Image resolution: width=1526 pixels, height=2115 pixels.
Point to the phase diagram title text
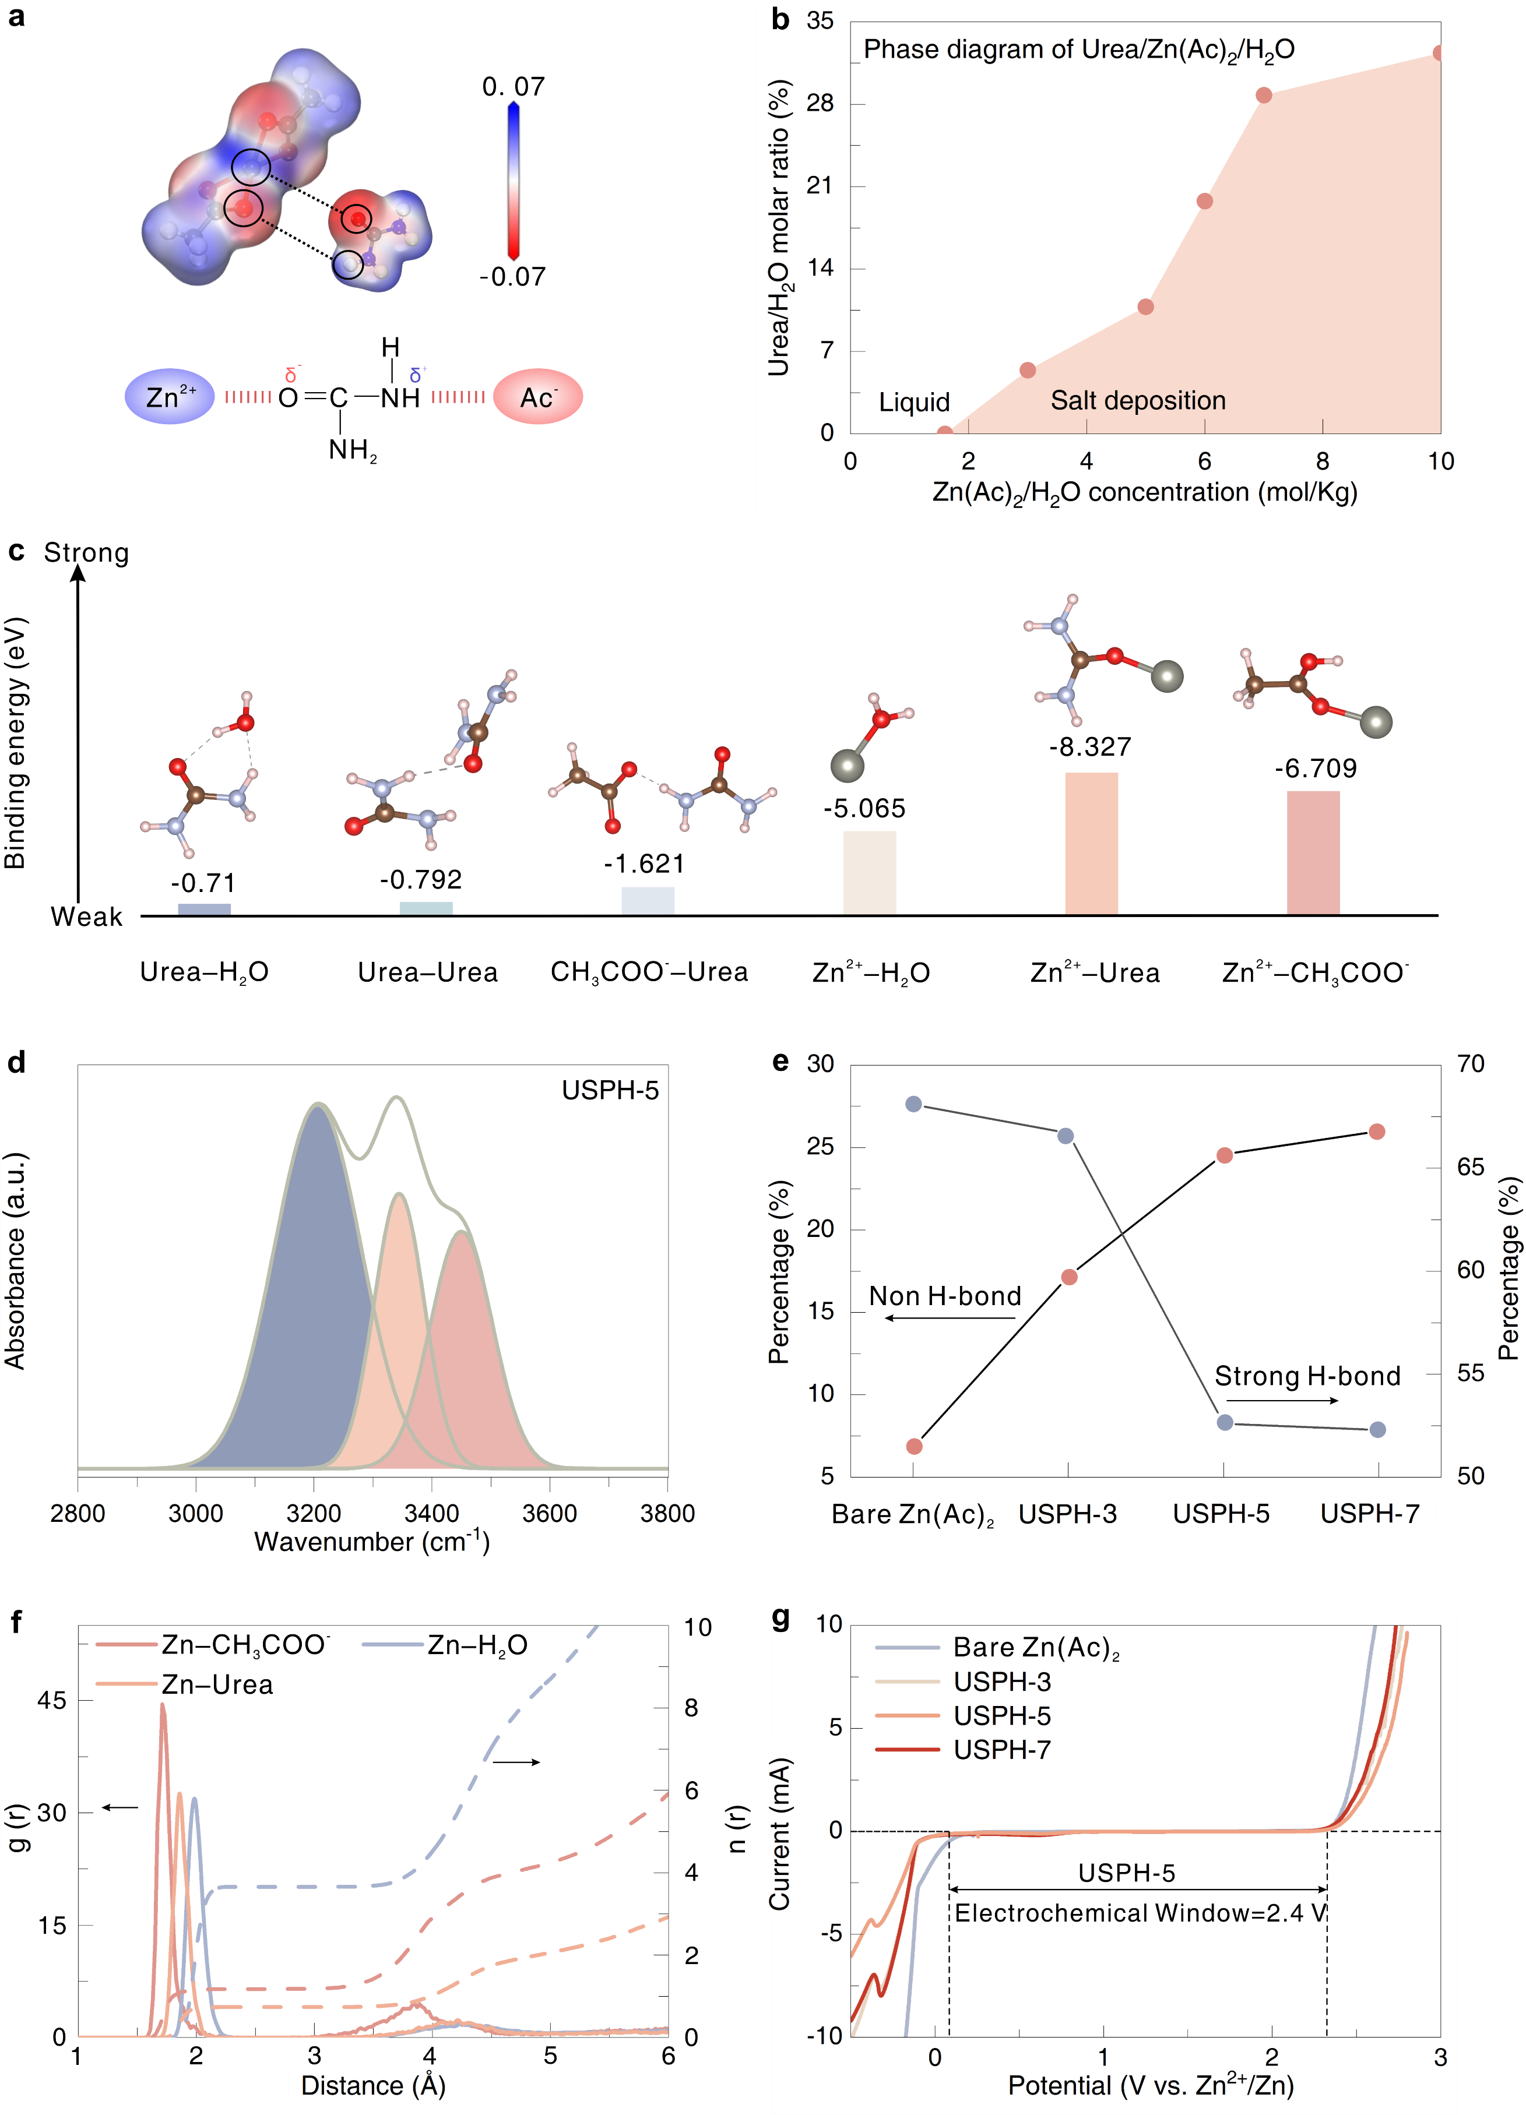tap(1078, 50)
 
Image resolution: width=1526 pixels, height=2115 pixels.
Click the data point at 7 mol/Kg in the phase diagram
tap(1264, 95)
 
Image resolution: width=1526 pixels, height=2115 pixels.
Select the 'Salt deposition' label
tap(1138, 401)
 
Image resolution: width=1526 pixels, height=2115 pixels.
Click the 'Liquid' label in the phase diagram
tap(914, 402)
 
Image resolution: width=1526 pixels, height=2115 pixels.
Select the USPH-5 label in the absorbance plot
tap(610, 1090)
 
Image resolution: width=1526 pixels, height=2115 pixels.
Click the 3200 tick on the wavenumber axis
tap(314, 1513)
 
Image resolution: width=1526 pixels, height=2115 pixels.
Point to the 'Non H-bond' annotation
tap(945, 1296)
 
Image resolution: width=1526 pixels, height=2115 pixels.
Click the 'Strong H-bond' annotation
tap(1307, 1376)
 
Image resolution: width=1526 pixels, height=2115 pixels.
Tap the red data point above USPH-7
tap(1377, 1132)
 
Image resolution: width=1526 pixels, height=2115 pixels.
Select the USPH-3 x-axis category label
tap(1067, 1514)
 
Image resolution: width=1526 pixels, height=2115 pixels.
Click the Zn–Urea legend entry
tap(216, 1685)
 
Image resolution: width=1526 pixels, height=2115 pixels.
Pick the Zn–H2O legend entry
tap(477, 1645)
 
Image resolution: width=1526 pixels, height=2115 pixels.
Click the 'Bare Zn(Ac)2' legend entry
tap(1035, 1648)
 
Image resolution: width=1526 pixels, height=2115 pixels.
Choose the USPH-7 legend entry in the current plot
tap(1002, 1750)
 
